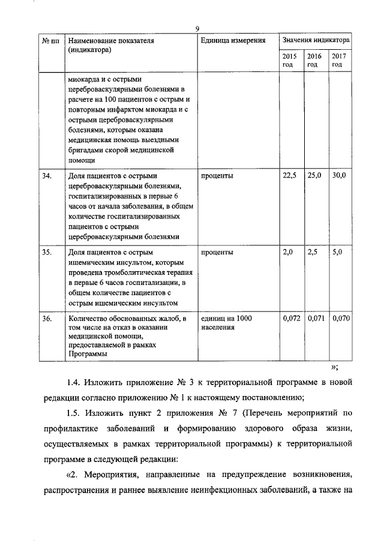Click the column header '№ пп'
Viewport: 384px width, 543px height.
point(51,41)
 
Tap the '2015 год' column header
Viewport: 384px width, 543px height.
point(290,60)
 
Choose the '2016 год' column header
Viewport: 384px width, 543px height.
point(314,60)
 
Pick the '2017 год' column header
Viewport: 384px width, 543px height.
point(340,60)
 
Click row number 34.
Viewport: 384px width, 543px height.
point(47,176)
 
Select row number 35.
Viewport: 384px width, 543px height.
point(47,252)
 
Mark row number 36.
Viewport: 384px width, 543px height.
point(47,319)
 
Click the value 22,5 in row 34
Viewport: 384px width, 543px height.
point(290,176)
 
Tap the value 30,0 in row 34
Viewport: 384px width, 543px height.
point(340,176)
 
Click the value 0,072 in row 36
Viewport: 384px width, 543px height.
point(291,319)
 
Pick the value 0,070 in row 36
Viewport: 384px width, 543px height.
point(341,319)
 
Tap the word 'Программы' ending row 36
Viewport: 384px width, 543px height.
point(87,354)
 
